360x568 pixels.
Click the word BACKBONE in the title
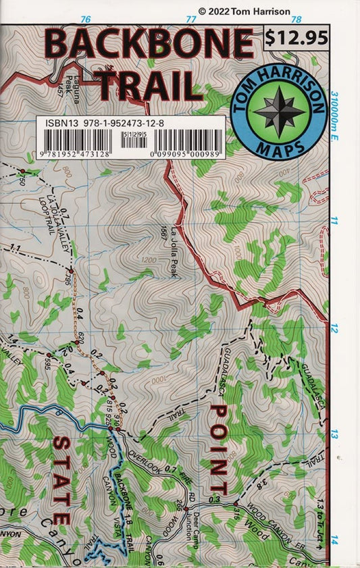(150, 45)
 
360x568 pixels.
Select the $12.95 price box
(297, 38)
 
